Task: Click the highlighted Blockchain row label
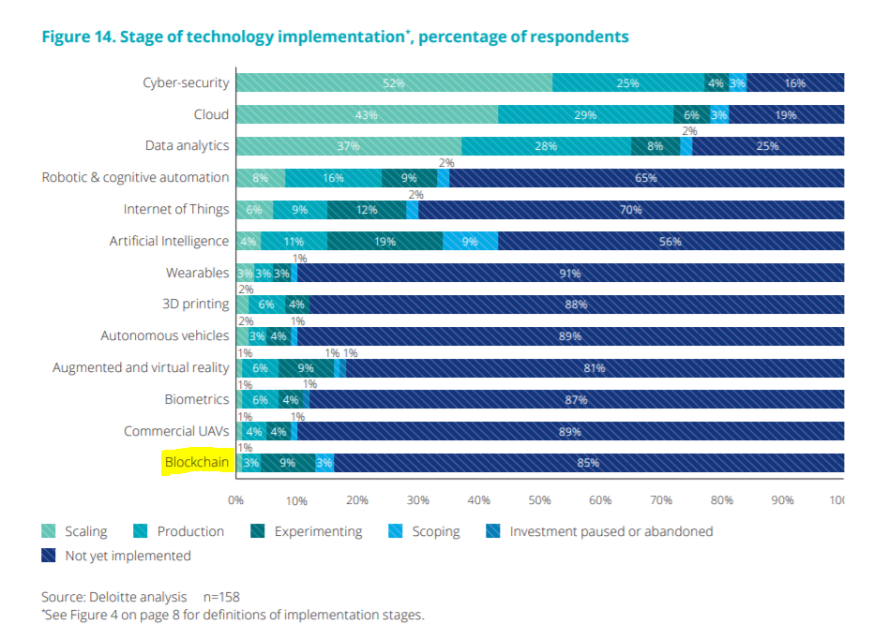(x=196, y=463)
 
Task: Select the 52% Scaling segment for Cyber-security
(x=393, y=83)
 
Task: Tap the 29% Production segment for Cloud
(x=585, y=115)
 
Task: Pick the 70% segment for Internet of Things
(x=630, y=210)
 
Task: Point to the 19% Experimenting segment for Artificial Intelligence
(x=384, y=242)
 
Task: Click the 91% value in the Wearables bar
(x=569, y=274)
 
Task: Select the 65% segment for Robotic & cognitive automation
(x=645, y=178)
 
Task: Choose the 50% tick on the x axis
(x=539, y=499)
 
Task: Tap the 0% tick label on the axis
(x=236, y=499)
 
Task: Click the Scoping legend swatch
(x=396, y=531)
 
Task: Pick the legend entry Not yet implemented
(x=127, y=556)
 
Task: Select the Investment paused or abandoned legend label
(x=611, y=531)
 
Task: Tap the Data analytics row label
(x=187, y=146)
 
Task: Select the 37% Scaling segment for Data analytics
(x=348, y=147)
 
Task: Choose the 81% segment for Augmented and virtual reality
(x=594, y=368)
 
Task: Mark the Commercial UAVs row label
(x=176, y=431)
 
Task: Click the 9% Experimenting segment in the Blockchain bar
(x=287, y=463)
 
